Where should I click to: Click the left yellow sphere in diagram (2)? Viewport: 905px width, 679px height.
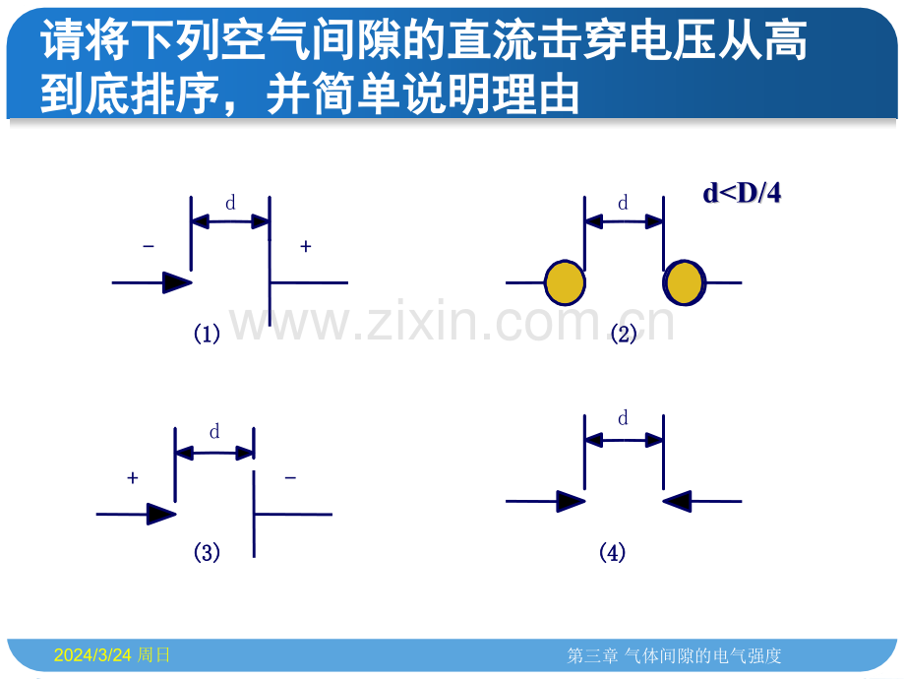(565, 282)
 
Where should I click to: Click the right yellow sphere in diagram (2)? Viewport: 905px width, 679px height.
(684, 282)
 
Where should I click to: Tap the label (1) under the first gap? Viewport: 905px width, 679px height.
(207, 334)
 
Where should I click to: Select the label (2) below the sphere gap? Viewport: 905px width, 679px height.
(624, 334)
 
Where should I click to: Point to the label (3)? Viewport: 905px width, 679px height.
(207, 553)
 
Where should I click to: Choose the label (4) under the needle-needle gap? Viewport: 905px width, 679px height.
(613, 553)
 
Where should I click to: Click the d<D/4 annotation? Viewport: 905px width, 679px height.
(742, 193)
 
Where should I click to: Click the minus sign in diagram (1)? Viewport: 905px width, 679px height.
(149, 247)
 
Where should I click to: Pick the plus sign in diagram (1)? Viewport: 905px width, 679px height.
(306, 247)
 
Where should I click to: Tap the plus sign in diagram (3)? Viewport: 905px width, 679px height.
(133, 478)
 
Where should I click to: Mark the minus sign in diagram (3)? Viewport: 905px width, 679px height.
(290, 478)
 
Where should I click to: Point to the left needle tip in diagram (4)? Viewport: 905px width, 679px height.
(585, 501)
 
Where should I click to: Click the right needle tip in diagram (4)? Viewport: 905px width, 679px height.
(663, 501)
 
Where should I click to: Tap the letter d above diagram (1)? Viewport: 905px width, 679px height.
(230, 203)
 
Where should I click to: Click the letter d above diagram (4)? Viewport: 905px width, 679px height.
(623, 418)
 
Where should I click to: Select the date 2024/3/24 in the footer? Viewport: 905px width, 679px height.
(92, 655)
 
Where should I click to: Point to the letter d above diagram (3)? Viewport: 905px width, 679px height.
(214, 431)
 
